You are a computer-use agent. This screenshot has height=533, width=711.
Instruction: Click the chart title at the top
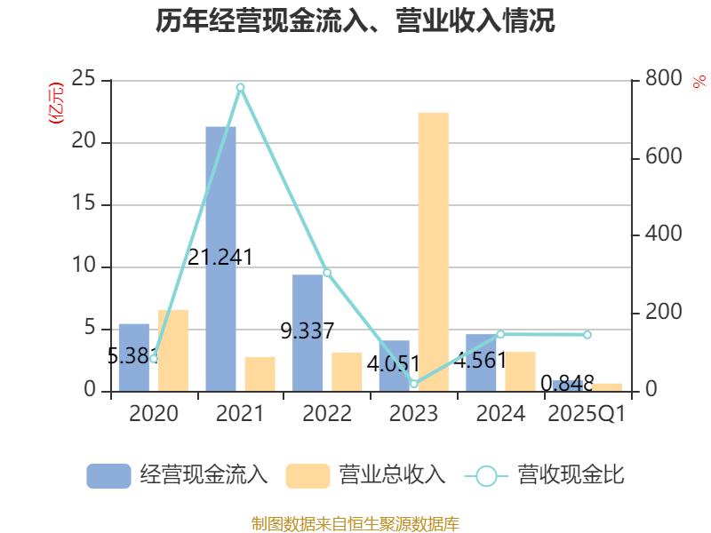coord(355,21)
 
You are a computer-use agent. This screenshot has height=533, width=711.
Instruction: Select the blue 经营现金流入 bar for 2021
coord(220,258)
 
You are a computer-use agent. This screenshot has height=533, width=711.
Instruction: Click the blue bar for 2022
coord(308,332)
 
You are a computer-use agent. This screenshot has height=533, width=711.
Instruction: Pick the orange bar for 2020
coord(173,350)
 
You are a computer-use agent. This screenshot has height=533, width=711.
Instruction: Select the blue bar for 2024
coord(481,362)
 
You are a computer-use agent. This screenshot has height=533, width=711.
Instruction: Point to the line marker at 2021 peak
coord(240,87)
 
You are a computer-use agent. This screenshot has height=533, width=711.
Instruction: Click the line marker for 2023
coord(414,384)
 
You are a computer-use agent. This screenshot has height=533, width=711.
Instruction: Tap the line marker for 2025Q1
coord(587,334)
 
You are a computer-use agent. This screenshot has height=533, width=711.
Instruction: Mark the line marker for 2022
coord(327,272)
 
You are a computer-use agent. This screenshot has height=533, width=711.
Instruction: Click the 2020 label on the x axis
coord(153,414)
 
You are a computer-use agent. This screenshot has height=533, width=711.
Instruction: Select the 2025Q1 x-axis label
coord(587,414)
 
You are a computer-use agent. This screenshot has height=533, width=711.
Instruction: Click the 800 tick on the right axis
coord(664,80)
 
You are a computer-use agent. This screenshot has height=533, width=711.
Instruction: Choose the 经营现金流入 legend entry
coord(178,475)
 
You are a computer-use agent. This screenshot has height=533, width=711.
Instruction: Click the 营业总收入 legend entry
coord(365,475)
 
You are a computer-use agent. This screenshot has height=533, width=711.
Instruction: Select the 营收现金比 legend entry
coord(544,475)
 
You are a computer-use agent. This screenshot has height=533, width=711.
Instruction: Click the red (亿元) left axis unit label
coord(56,103)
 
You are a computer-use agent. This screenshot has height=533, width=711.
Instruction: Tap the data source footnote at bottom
coord(355,523)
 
